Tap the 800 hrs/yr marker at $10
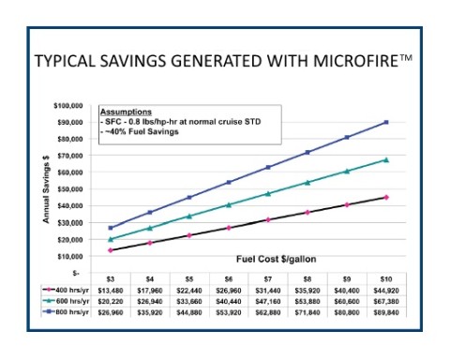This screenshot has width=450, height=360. click(386, 122)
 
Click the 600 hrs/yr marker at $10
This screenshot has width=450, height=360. click(386, 159)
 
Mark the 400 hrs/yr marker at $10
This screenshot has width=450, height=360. click(386, 197)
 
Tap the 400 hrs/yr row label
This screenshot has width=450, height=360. click(71, 289)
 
